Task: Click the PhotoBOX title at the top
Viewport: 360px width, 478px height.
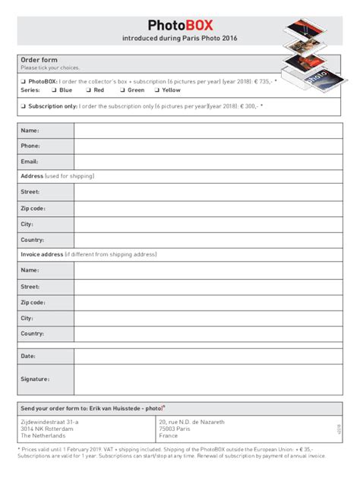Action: tap(181, 24)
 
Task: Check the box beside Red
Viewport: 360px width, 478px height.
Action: tap(88, 90)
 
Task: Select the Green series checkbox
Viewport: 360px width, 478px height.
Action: tap(122, 90)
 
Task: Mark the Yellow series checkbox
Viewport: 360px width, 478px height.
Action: tap(156, 90)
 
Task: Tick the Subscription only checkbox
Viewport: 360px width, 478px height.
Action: tap(24, 106)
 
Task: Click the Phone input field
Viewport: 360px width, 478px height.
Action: tap(207, 146)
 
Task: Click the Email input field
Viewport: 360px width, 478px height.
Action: tap(207, 161)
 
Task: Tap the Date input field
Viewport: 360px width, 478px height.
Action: tap(207, 355)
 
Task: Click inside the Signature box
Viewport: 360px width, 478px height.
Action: tap(207, 379)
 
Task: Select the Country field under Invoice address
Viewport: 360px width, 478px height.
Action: tap(207, 334)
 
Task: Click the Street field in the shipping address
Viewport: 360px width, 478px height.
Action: tap(207, 192)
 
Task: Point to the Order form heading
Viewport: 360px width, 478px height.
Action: tap(39, 60)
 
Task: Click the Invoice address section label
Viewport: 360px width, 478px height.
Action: tap(42, 254)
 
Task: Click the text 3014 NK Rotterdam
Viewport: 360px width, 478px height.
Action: tap(47, 429)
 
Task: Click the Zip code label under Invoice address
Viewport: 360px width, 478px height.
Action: tap(33, 302)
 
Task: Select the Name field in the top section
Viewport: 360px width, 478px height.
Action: tap(207, 131)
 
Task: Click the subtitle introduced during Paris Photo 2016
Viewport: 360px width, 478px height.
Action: tap(180, 38)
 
